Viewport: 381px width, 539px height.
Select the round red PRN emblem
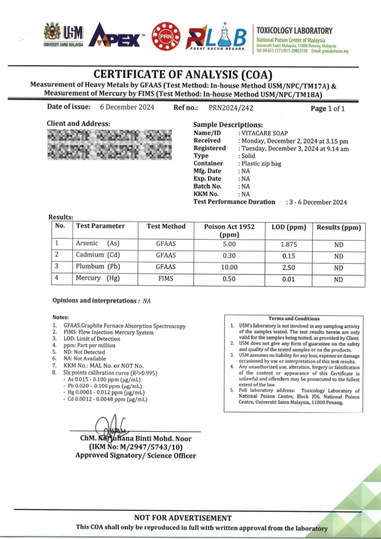pyautogui.click(x=166, y=36)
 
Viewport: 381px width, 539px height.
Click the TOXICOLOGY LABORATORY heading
pyautogui.click(x=294, y=31)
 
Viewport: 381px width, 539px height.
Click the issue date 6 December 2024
pyautogui.click(x=127, y=107)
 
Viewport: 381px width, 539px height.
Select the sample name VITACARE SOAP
pyautogui.click(x=265, y=133)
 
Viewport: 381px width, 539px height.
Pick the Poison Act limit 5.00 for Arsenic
pyautogui.click(x=229, y=244)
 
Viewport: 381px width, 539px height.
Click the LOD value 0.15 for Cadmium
pyautogui.click(x=287, y=256)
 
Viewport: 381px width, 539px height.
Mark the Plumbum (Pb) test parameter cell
pyautogui.click(x=98, y=267)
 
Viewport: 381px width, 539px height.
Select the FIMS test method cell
pyautogui.click(x=166, y=278)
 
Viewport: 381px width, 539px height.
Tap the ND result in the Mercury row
pyautogui.click(x=338, y=280)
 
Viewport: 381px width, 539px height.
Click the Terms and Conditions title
pyautogui.click(x=294, y=318)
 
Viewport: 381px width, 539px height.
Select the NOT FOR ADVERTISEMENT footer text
pyautogui.click(x=183, y=518)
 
